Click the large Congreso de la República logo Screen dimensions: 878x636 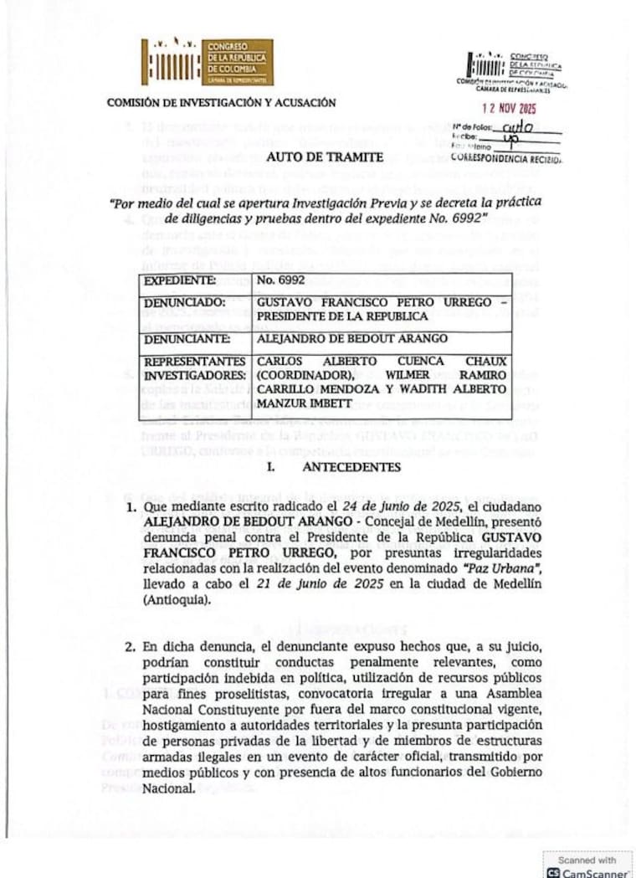coord(206,62)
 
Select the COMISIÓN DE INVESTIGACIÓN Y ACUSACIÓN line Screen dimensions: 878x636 coord(222,103)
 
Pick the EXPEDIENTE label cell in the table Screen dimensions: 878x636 coord(181,281)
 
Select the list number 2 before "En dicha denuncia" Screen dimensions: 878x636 coord(130,649)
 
